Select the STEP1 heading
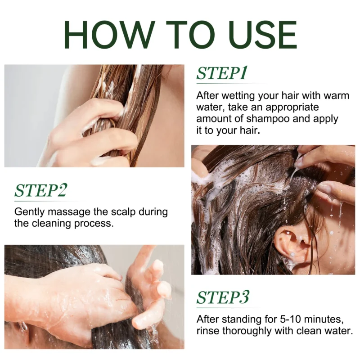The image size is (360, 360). (222, 73)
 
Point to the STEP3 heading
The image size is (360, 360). (223, 297)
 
